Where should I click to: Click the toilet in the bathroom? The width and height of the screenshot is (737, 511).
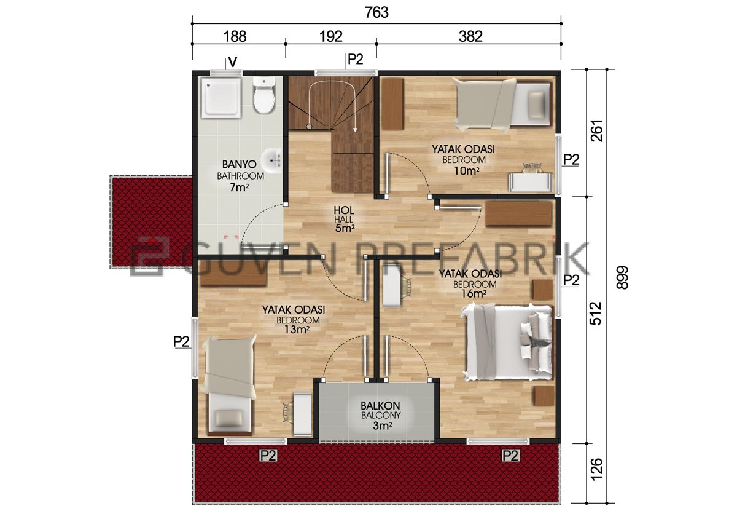tap(264, 95)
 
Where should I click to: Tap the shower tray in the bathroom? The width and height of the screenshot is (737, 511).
tap(222, 97)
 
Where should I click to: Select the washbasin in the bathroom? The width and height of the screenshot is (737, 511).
tap(273, 160)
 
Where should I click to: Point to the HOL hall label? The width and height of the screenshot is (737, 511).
tap(344, 210)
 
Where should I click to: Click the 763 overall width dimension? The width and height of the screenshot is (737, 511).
tap(376, 13)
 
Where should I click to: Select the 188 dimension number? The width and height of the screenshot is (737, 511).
tap(235, 36)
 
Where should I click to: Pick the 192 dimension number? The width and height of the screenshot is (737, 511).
tap(331, 36)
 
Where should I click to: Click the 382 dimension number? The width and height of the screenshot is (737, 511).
tap(470, 36)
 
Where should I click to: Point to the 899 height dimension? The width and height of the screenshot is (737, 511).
tap(622, 277)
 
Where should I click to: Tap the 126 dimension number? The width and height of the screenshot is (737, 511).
tap(596, 469)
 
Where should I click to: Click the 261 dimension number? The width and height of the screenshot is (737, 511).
tap(596, 131)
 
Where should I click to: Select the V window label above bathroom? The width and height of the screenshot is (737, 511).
tap(233, 62)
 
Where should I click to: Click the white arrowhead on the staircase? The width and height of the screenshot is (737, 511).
tap(355, 130)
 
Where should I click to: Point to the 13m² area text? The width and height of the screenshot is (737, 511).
tap(297, 329)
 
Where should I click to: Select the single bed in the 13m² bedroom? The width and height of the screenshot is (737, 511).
tap(229, 384)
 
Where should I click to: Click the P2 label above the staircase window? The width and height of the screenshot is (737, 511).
tap(356, 59)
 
